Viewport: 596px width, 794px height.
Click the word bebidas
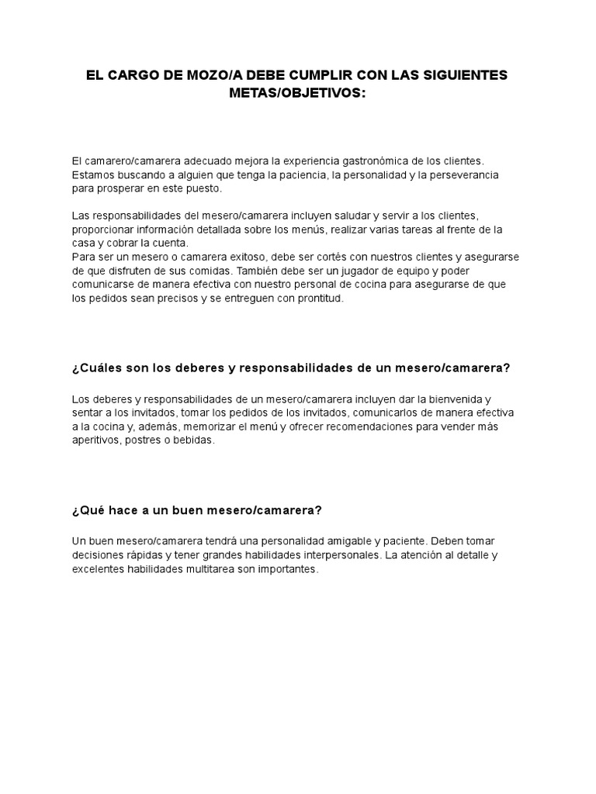click(192, 441)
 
